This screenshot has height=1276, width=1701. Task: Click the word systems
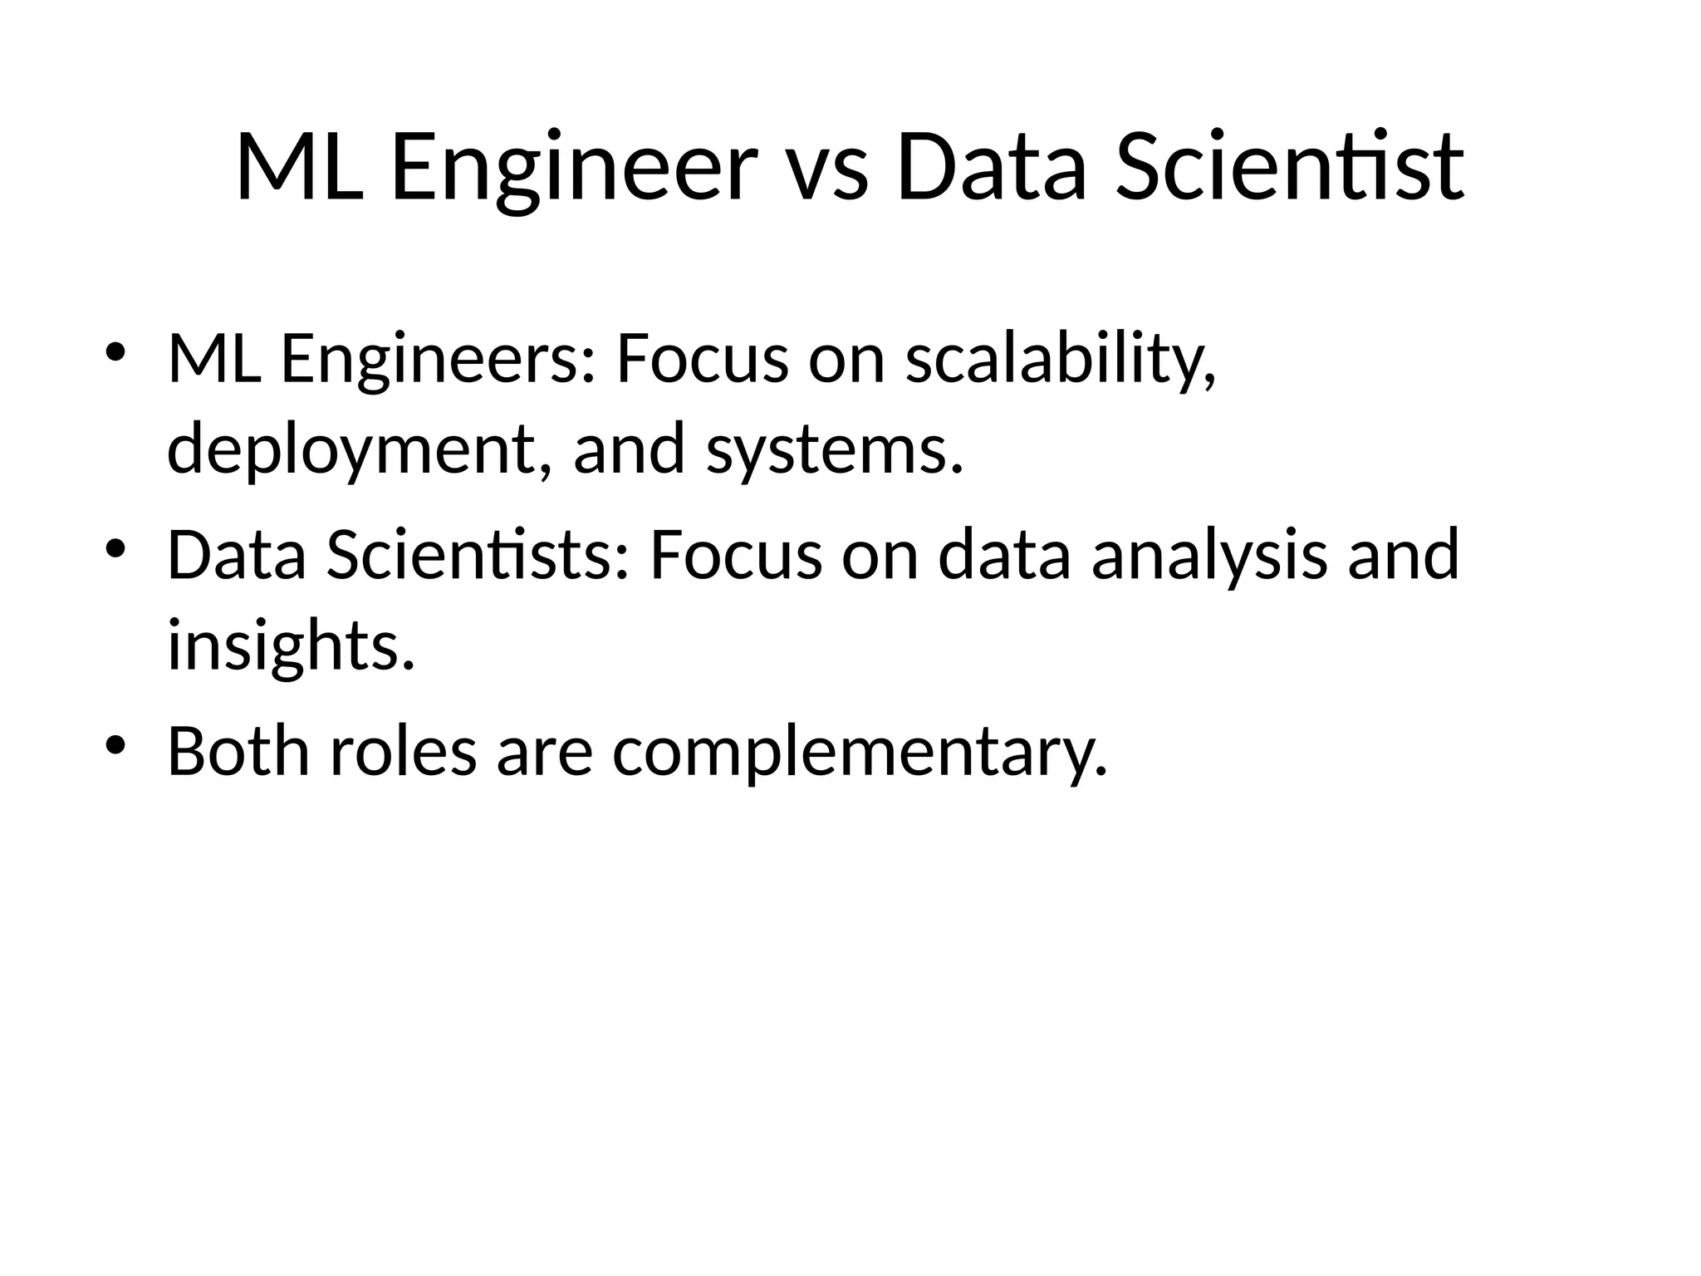pos(835,449)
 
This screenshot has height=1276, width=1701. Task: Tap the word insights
pos(291,645)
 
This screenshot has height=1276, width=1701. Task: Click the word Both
pos(239,751)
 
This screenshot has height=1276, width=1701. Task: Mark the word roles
pos(404,751)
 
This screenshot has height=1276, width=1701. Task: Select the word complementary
pos(860,751)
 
